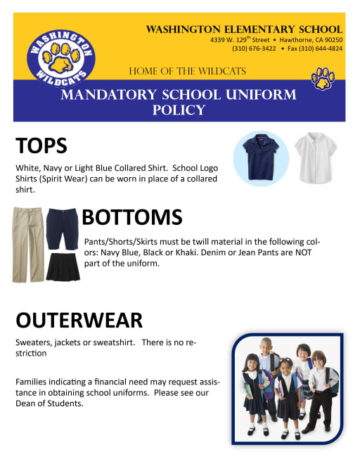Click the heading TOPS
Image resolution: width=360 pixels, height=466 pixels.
pos(41,145)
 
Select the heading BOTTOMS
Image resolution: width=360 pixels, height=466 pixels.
pos(132,217)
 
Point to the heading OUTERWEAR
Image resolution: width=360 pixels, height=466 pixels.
pos(79,320)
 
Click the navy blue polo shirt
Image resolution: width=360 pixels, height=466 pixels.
pos(260,156)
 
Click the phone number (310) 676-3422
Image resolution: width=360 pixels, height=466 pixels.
pos(254,48)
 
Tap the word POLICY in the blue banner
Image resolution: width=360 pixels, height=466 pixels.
pos(179,110)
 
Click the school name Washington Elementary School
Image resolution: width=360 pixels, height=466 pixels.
pos(244,29)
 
